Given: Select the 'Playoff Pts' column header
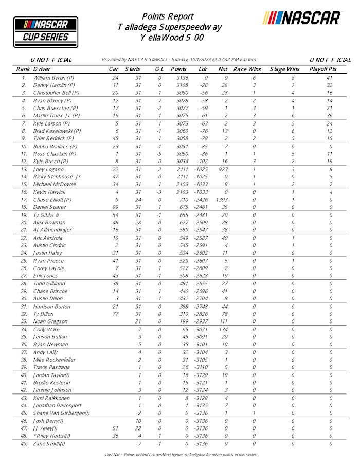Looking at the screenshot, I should [x=323, y=69].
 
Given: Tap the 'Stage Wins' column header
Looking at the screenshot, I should [x=284, y=69].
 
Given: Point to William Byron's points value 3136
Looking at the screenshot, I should [x=179, y=78].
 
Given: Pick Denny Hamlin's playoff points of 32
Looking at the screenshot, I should [x=329, y=85].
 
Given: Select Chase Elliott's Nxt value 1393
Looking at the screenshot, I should [x=222, y=199].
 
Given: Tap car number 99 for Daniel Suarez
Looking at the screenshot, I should [x=115, y=206].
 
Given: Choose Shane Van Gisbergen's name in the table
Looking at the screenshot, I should [x=61, y=413].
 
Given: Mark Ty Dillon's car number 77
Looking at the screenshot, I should [x=115, y=313].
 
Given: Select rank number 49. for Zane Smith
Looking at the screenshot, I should [x=24, y=443].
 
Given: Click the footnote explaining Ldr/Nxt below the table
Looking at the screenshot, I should [x=179, y=455].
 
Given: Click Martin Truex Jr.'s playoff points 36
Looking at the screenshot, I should [x=329, y=116].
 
